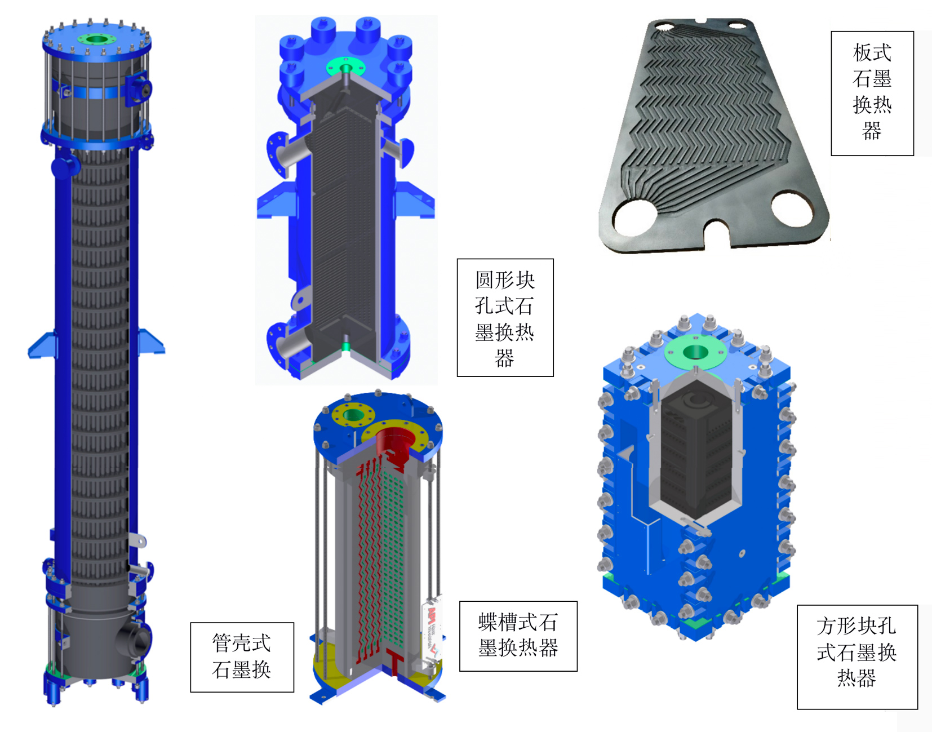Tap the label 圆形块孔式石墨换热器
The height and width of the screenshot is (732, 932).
[x=504, y=318]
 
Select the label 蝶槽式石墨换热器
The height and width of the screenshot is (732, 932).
[x=518, y=635]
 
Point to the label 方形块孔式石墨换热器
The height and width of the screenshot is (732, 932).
[x=856, y=652]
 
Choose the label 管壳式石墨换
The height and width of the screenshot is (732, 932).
[x=242, y=656]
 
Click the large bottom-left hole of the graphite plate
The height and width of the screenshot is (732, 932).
[x=636, y=218]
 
